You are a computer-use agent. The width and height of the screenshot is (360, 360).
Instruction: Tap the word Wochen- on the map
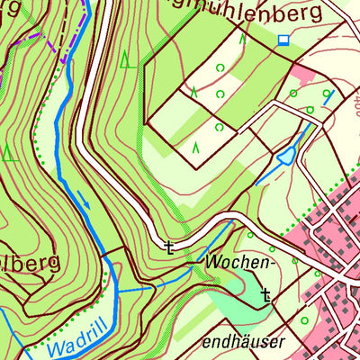[238, 263]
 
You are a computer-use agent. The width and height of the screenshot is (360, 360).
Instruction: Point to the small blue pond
[285, 157]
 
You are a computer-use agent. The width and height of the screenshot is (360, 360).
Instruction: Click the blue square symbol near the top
[284, 40]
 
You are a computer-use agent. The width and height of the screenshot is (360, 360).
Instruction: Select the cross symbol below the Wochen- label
[265, 293]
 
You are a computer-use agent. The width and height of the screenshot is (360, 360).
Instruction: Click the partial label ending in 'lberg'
[29, 263]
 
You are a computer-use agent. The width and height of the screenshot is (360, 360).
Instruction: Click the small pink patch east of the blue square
[306, 76]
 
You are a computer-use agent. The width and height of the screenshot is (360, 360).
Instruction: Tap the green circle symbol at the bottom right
[304, 319]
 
